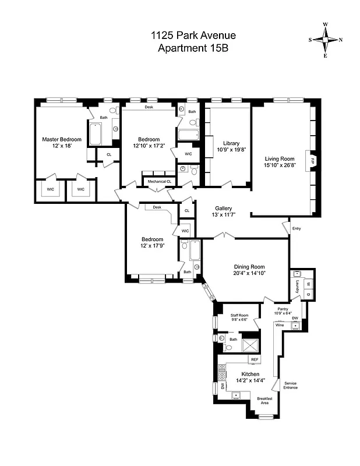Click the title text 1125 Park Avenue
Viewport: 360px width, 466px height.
click(193, 36)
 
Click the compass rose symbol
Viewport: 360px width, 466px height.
click(325, 40)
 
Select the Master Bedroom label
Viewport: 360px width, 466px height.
click(61, 139)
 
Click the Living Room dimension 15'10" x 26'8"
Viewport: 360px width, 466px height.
click(280, 165)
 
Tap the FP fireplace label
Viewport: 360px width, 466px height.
click(312, 160)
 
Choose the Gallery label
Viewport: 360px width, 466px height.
click(224, 209)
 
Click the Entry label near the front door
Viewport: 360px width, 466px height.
click(297, 228)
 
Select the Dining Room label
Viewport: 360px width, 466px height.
click(249, 266)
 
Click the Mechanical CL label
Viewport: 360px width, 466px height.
click(160, 182)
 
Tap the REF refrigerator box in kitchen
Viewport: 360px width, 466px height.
click(255, 360)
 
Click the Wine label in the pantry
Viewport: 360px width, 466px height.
click(280, 325)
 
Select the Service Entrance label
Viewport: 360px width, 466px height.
click(290, 386)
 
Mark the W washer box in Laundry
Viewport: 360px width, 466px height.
click(308, 284)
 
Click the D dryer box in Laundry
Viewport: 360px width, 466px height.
click(308, 294)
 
